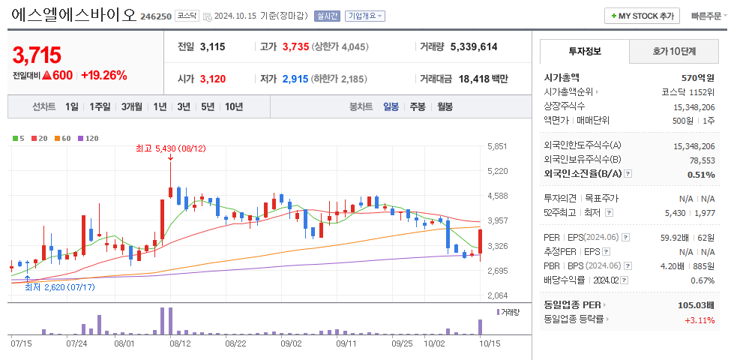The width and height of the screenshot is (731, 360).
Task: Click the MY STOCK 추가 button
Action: pyautogui.click(x=642, y=16)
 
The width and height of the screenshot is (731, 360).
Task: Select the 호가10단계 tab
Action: pyautogui.click(x=674, y=52)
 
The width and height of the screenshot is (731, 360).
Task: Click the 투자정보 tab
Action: pyautogui.click(x=585, y=52)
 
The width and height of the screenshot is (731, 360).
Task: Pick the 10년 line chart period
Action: pyautogui.click(x=234, y=106)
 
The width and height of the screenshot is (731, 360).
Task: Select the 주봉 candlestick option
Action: pyautogui.click(x=418, y=106)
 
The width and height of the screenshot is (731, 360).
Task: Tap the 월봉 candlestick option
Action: pyautogui.click(x=445, y=106)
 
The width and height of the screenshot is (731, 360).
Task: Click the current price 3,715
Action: pyautogui.click(x=37, y=54)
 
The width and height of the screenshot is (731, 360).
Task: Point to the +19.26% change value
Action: pyautogui.click(x=103, y=75)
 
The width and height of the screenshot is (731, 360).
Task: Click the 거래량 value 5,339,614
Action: pyautogui.click(x=474, y=46)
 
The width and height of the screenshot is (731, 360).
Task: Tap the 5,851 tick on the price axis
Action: pyautogui.click(x=497, y=146)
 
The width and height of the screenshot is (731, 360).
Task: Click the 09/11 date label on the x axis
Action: pyautogui.click(x=346, y=343)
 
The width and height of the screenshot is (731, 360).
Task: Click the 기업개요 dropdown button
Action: pyautogui.click(x=366, y=16)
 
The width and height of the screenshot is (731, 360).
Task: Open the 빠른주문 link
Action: pyautogui.click(x=706, y=16)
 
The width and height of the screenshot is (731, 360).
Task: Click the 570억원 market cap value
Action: pyautogui.click(x=697, y=77)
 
